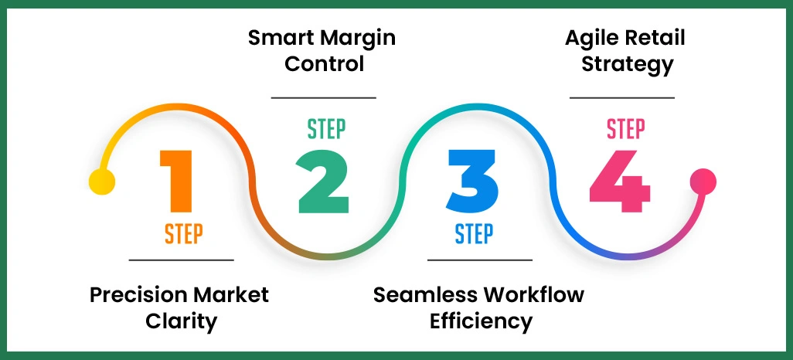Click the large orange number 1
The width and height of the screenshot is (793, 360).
tap(178, 181)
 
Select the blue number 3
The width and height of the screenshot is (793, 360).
tap(471, 181)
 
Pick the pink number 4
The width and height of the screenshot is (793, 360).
tap(620, 181)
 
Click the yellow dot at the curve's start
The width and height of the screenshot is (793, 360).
tap(102, 182)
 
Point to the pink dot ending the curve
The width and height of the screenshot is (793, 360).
tap(703, 182)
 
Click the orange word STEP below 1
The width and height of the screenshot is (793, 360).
tap(184, 234)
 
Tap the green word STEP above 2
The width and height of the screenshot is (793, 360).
tap(327, 129)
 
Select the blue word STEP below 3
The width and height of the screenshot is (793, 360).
tap(474, 234)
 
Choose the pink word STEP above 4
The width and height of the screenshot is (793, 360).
tap(626, 129)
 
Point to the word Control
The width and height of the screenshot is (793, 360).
tap(324, 64)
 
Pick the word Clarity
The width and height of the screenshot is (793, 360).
tap(181, 322)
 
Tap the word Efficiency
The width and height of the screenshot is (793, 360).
tap(481, 322)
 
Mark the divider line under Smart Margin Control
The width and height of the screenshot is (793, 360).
tap(324, 97)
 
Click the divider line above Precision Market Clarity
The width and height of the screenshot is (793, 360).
tap(181, 260)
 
